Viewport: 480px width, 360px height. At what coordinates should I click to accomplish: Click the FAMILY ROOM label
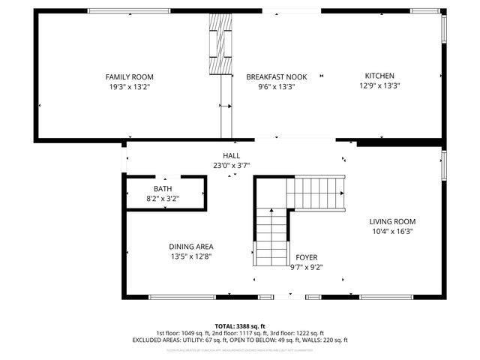click(129, 76)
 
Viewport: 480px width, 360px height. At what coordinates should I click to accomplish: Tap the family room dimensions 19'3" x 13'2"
click(129, 86)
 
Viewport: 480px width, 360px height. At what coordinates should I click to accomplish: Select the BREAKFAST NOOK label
click(276, 76)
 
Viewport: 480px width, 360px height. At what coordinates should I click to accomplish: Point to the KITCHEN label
click(379, 76)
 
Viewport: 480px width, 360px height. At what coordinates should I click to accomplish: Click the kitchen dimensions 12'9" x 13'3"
click(379, 85)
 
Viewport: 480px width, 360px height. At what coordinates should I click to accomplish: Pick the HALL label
click(231, 155)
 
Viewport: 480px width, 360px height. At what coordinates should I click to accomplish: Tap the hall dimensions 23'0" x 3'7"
click(231, 165)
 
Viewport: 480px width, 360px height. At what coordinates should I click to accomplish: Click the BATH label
click(163, 189)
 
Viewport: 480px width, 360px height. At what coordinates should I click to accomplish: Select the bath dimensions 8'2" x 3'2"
click(163, 199)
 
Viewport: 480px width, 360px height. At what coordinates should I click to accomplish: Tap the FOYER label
click(306, 257)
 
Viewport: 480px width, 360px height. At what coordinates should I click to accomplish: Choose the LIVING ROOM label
click(392, 221)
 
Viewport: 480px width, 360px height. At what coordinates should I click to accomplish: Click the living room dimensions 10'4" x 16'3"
click(392, 231)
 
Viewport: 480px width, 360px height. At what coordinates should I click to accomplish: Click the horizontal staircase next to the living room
click(315, 193)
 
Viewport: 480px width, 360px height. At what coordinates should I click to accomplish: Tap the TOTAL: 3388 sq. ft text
click(241, 326)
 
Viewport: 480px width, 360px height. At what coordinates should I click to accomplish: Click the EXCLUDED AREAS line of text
click(240, 340)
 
